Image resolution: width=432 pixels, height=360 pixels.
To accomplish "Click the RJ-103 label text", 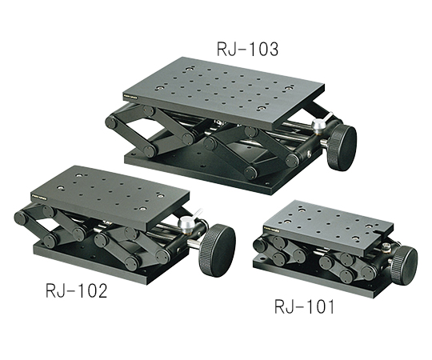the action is tap(247, 50).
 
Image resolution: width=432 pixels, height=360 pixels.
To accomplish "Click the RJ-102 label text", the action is tap(76, 290).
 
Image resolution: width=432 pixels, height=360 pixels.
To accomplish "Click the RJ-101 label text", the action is tap(304, 306).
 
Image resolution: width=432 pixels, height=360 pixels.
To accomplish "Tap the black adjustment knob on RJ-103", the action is tap(342, 148).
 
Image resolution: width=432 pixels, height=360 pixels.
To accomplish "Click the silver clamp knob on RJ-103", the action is tap(318, 126).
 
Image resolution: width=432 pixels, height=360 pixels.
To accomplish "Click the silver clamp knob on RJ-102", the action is tap(186, 222).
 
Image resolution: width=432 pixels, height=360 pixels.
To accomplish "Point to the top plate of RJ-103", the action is tap(224, 92).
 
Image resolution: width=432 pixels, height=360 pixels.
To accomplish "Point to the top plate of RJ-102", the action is tap(110, 196).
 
